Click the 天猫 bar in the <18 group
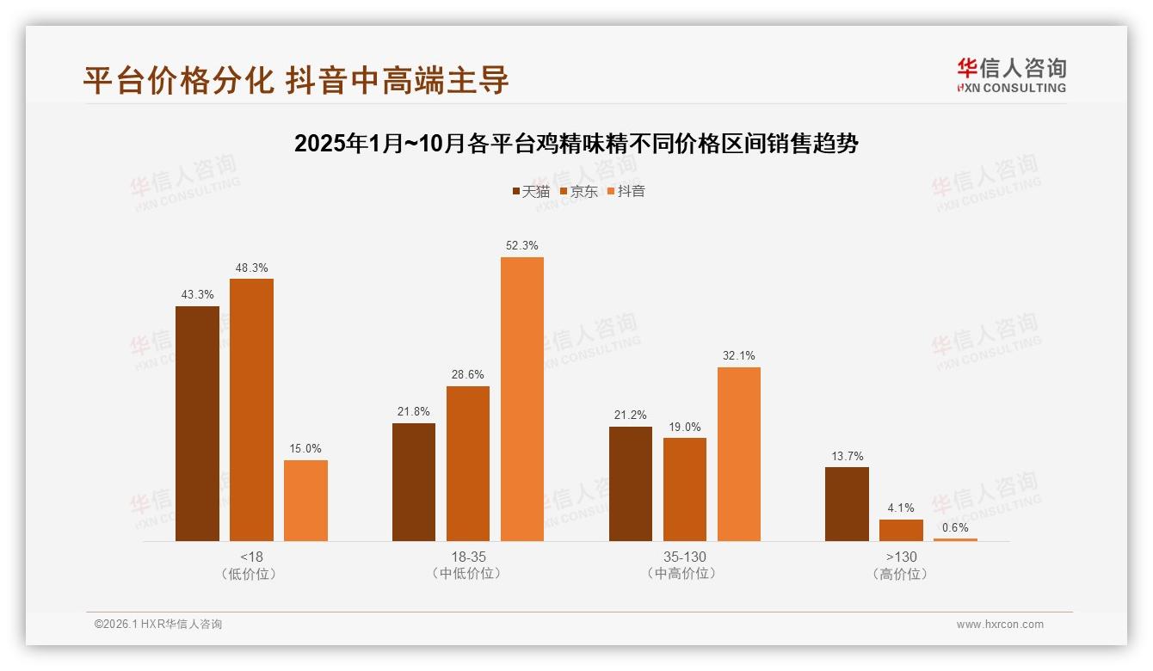pos(197,423)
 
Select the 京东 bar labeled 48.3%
pos(251,409)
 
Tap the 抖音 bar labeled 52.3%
pos(522,399)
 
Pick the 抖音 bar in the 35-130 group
pos(739,454)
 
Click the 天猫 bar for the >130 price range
pos(847,504)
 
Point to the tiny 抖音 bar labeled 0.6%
pos(955,539)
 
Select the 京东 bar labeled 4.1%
pos(901,530)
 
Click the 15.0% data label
pos(305,448)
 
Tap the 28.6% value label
pos(468,374)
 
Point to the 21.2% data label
pos(631,415)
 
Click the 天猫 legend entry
pos(531,191)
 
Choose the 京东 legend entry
pos(578,191)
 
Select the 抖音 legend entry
pos(626,191)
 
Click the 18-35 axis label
pos(468,557)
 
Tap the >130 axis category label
pos(901,557)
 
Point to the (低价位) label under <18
pos(251,574)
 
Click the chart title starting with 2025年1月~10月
pos(576,144)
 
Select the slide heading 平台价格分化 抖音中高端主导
pos(296,80)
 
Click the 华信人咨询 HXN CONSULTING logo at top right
pos(1011,75)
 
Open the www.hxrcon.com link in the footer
pos(1000,625)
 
